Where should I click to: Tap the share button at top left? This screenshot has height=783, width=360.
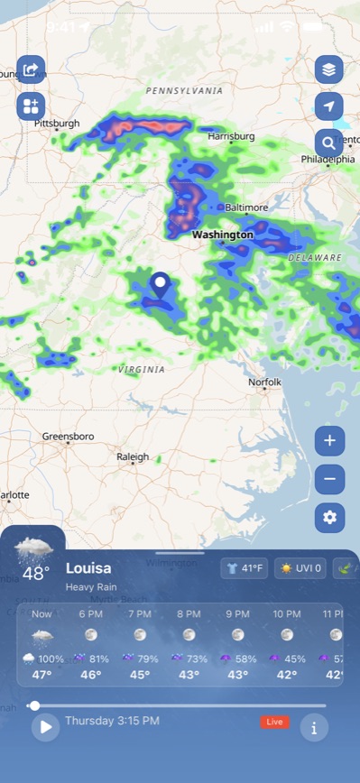click(x=31, y=69)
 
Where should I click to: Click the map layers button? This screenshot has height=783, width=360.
click(x=329, y=69)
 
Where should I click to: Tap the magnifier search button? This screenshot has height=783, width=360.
click(x=329, y=142)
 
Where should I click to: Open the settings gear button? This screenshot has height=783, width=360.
click(x=329, y=517)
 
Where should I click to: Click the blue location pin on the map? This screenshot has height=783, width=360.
click(x=161, y=286)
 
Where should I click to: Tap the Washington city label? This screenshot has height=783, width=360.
click(x=223, y=235)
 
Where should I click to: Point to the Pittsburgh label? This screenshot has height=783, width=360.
click(x=57, y=123)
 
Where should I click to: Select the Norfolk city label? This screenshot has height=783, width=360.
click(x=265, y=382)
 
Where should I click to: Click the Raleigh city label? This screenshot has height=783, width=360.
click(x=133, y=457)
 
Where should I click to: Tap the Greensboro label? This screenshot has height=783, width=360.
click(x=68, y=437)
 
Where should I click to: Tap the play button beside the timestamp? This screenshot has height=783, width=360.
click(x=45, y=727)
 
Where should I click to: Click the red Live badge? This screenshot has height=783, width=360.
click(x=274, y=722)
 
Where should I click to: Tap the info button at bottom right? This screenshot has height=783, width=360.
click(x=314, y=727)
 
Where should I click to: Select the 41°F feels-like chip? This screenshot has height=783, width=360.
click(x=244, y=568)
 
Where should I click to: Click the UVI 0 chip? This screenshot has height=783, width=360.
click(x=300, y=568)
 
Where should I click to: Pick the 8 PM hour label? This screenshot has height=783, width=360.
click(x=189, y=614)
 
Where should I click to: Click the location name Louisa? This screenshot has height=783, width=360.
click(x=88, y=568)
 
